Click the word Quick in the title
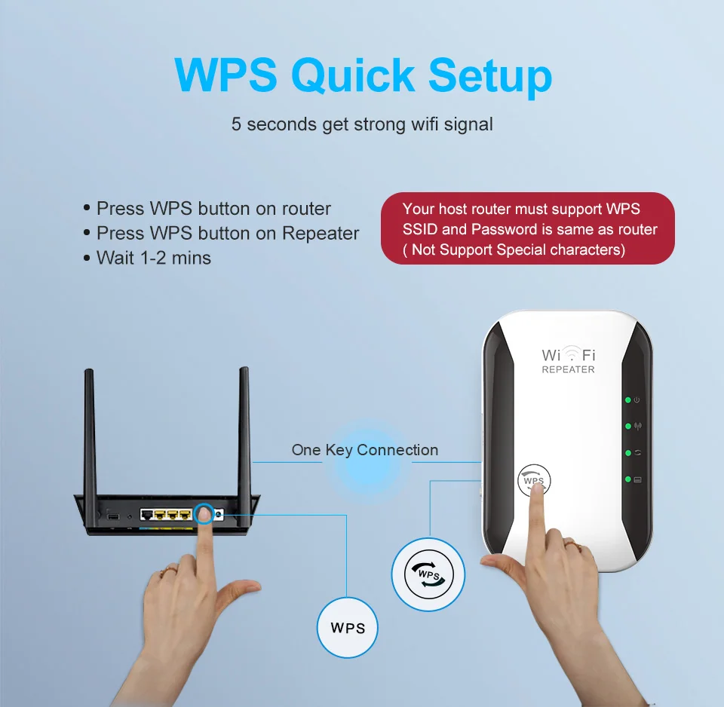pyautogui.click(x=353, y=75)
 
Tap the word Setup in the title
pyautogui.click(x=490, y=75)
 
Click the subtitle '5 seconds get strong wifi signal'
pyautogui.click(x=362, y=124)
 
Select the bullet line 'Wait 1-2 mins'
pyautogui.click(x=154, y=258)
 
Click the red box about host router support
pyautogui.click(x=528, y=228)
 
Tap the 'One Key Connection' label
pyautogui.click(x=364, y=450)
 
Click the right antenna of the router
pyautogui.click(x=244, y=430)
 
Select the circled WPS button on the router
pyautogui.click(x=204, y=514)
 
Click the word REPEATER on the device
pyautogui.click(x=568, y=370)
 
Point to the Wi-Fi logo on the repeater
pyautogui.click(x=568, y=354)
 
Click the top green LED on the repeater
pyautogui.click(x=627, y=399)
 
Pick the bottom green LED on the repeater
pyautogui.click(x=627, y=479)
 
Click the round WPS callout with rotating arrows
pyautogui.click(x=428, y=574)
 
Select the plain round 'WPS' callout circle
pyautogui.click(x=348, y=627)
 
